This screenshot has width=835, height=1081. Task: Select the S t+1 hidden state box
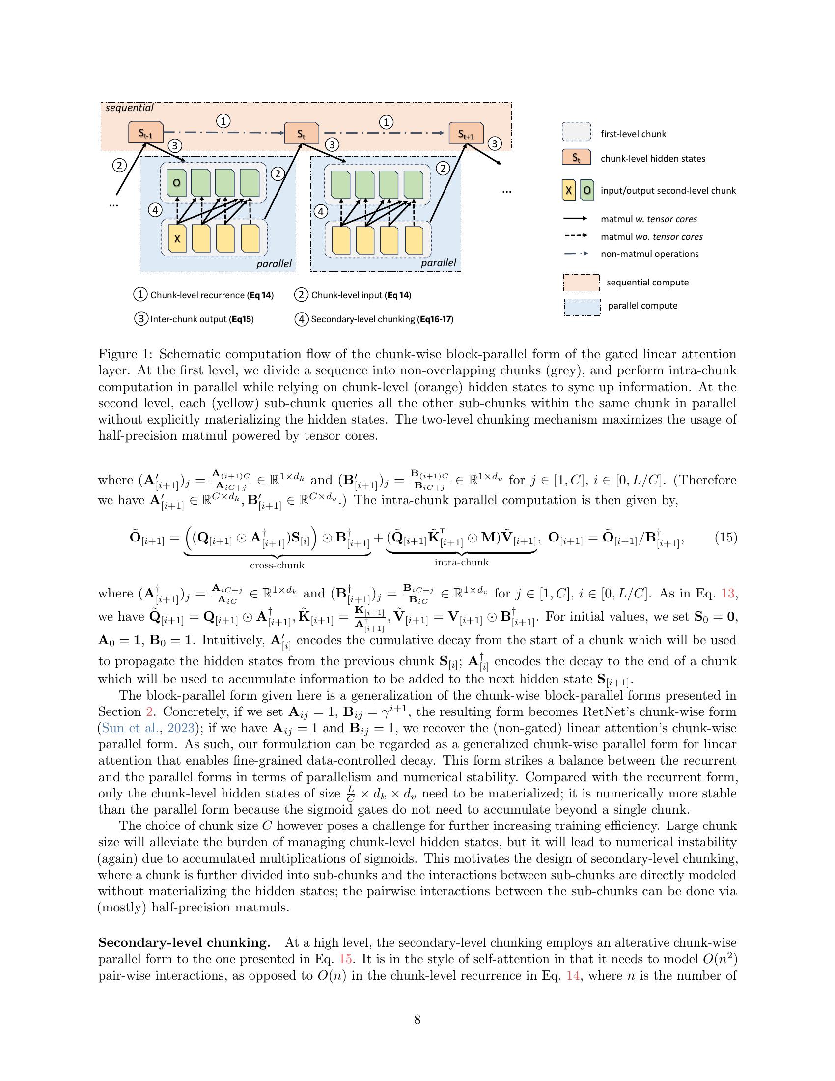(x=466, y=133)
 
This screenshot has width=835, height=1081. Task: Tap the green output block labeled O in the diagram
(x=176, y=183)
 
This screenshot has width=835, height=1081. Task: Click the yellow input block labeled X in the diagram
(x=177, y=239)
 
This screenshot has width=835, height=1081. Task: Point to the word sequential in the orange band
(x=130, y=108)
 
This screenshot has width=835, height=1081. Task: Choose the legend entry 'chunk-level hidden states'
(x=652, y=159)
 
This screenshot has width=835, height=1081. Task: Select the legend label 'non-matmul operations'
(x=649, y=254)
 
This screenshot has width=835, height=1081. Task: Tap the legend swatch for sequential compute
(x=581, y=283)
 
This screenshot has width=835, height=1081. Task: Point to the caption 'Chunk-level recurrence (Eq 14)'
(x=211, y=295)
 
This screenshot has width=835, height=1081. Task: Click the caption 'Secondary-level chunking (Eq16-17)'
(x=382, y=319)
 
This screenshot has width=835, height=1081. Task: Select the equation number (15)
(x=725, y=538)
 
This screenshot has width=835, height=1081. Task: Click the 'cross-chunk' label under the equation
(x=277, y=565)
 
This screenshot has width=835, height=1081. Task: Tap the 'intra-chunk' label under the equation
(x=462, y=562)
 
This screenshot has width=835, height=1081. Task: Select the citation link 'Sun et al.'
(x=121, y=728)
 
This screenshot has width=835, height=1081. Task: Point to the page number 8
(x=417, y=1019)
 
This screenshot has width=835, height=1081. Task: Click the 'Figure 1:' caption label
(x=126, y=354)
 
